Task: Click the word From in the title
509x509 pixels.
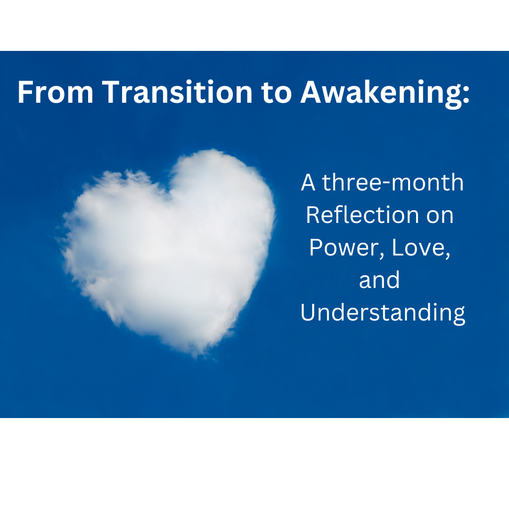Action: tap(56, 92)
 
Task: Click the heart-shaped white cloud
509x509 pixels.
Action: tap(174, 245)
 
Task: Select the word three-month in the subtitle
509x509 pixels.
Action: tap(393, 183)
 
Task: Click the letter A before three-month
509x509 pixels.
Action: tap(308, 183)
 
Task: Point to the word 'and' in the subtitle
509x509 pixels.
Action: tap(379, 280)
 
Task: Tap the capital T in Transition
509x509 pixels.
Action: tap(109, 92)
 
